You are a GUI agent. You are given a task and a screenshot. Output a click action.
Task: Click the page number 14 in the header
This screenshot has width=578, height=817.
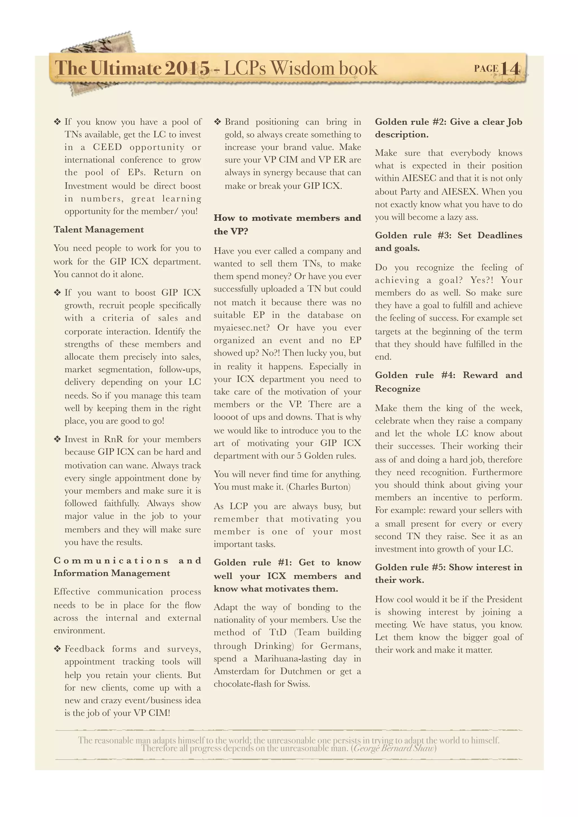510,68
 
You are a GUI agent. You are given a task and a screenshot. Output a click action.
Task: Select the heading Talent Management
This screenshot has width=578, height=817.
98,230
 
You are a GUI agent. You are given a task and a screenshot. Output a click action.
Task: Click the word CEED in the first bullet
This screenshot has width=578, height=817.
108,147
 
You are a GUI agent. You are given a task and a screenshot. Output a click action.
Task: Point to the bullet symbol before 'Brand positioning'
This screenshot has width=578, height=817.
218,122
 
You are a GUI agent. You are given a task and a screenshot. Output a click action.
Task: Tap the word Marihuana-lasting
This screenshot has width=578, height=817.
290,659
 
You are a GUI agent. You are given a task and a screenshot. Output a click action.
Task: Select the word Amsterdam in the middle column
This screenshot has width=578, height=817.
236,671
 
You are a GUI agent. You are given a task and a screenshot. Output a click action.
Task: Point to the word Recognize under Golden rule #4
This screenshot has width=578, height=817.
398,388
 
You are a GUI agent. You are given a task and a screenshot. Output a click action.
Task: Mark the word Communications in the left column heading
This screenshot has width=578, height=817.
111,561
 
